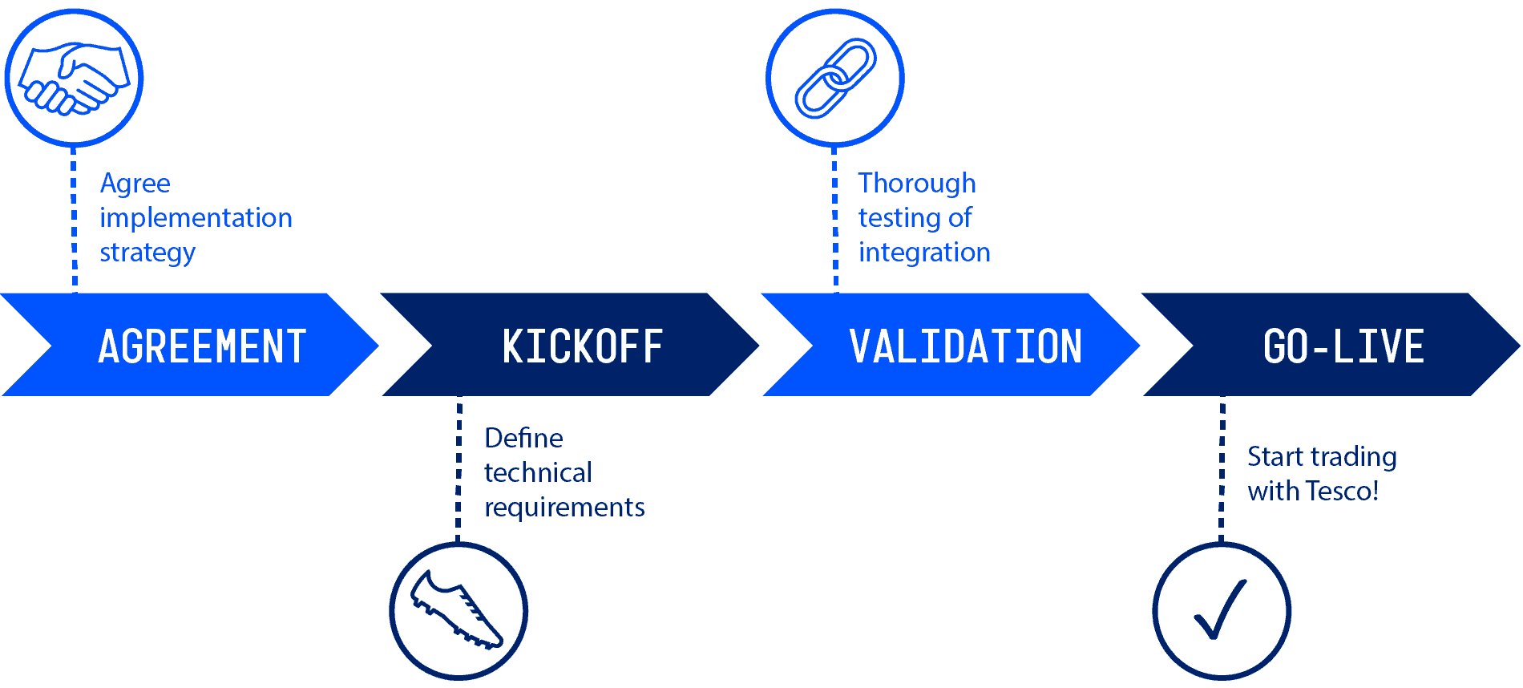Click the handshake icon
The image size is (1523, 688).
pyautogui.click(x=74, y=78)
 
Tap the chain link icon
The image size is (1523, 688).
pyautogui.click(x=835, y=78)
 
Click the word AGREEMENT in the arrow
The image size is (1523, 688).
pyautogui.click(x=202, y=346)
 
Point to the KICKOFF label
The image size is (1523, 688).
pyautogui.click(x=582, y=346)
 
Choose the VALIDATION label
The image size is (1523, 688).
pyautogui.click(x=965, y=346)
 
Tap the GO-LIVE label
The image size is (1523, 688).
pyautogui.click(x=1343, y=346)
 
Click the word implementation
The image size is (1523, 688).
pyautogui.click(x=196, y=218)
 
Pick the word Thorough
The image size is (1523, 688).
pyautogui.click(x=917, y=184)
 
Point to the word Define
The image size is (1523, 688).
pyautogui.click(x=523, y=439)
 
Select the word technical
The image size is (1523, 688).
pyautogui.click(x=538, y=473)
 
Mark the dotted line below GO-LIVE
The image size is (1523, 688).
pyautogui.click(x=1222, y=469)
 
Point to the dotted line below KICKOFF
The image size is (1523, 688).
pyautogui.click(x=459, y=469)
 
